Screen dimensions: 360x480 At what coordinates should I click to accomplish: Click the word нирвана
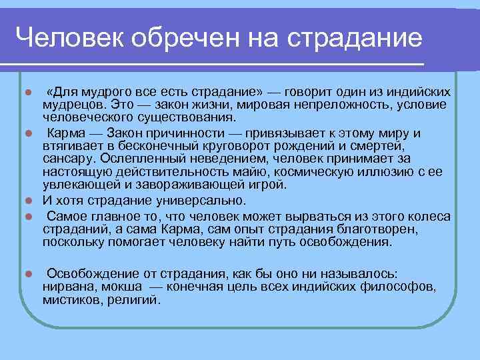pyautogui.click(x=69, y=287)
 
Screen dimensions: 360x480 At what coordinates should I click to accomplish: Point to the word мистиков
pyautogui.click(x=72, y=300)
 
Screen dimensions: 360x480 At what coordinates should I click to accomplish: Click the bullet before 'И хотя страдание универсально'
pyautogui.click(x=27, y=201)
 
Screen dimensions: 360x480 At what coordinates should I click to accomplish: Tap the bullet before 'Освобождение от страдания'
pyautogui.click(x=27, y=274)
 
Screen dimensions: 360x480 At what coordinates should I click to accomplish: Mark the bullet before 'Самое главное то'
pyautogui.click(x=27, y=217)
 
